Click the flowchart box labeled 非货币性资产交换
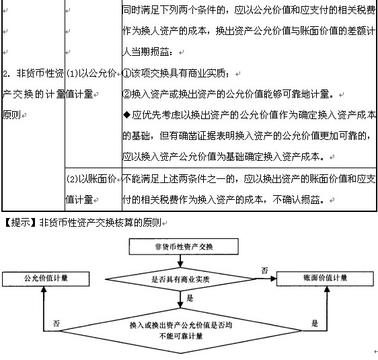pos(184,246)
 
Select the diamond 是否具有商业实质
pos(180,279)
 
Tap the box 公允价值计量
pos(46,279)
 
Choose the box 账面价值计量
pos(325,279)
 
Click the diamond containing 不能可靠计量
pos(180,330)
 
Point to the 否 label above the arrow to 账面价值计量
pos(264,271)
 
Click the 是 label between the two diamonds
pos(190,298)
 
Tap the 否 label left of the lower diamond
pos(56,324)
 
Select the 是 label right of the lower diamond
pos(315,323)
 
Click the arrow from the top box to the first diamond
pos(180,261)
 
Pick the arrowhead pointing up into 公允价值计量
pos(44,289)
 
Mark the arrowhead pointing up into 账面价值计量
pos(327,289)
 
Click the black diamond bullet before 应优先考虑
pos(127,115)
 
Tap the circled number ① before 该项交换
pos(126,73)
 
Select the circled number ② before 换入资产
pos(126,94)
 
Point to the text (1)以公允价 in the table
pos(91,73)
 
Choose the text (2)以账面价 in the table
pos(91,179)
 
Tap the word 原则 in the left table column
pos(11,115)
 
